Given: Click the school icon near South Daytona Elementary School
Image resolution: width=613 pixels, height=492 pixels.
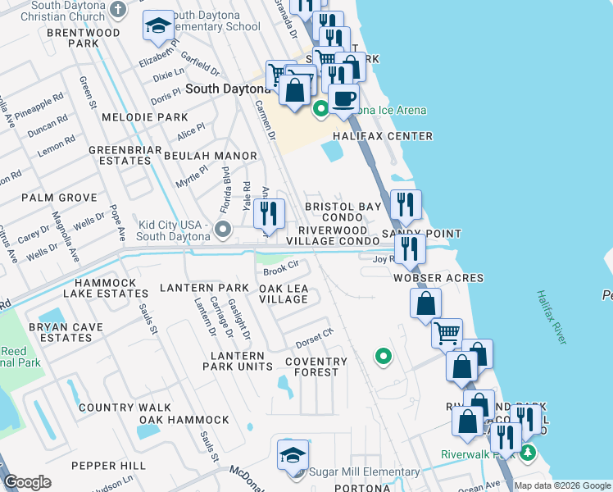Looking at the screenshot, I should click(x=158, y=28).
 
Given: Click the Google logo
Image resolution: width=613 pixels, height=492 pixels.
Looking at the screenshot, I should click(x=28, y=482).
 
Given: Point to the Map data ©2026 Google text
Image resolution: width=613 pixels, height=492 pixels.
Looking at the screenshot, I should click(x=562, y=485).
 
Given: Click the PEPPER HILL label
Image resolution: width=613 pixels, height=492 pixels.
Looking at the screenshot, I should click(x=108, y=465).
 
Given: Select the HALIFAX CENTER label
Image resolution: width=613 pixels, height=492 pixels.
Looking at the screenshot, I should click(x=382, y=136).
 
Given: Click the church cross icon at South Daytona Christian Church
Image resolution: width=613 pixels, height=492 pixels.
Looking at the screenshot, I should click(x=118, y=10).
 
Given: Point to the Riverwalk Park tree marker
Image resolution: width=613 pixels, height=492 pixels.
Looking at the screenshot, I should click(x=529, y=452).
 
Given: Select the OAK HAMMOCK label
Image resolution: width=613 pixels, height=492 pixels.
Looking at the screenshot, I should click(x=184, y=420).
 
